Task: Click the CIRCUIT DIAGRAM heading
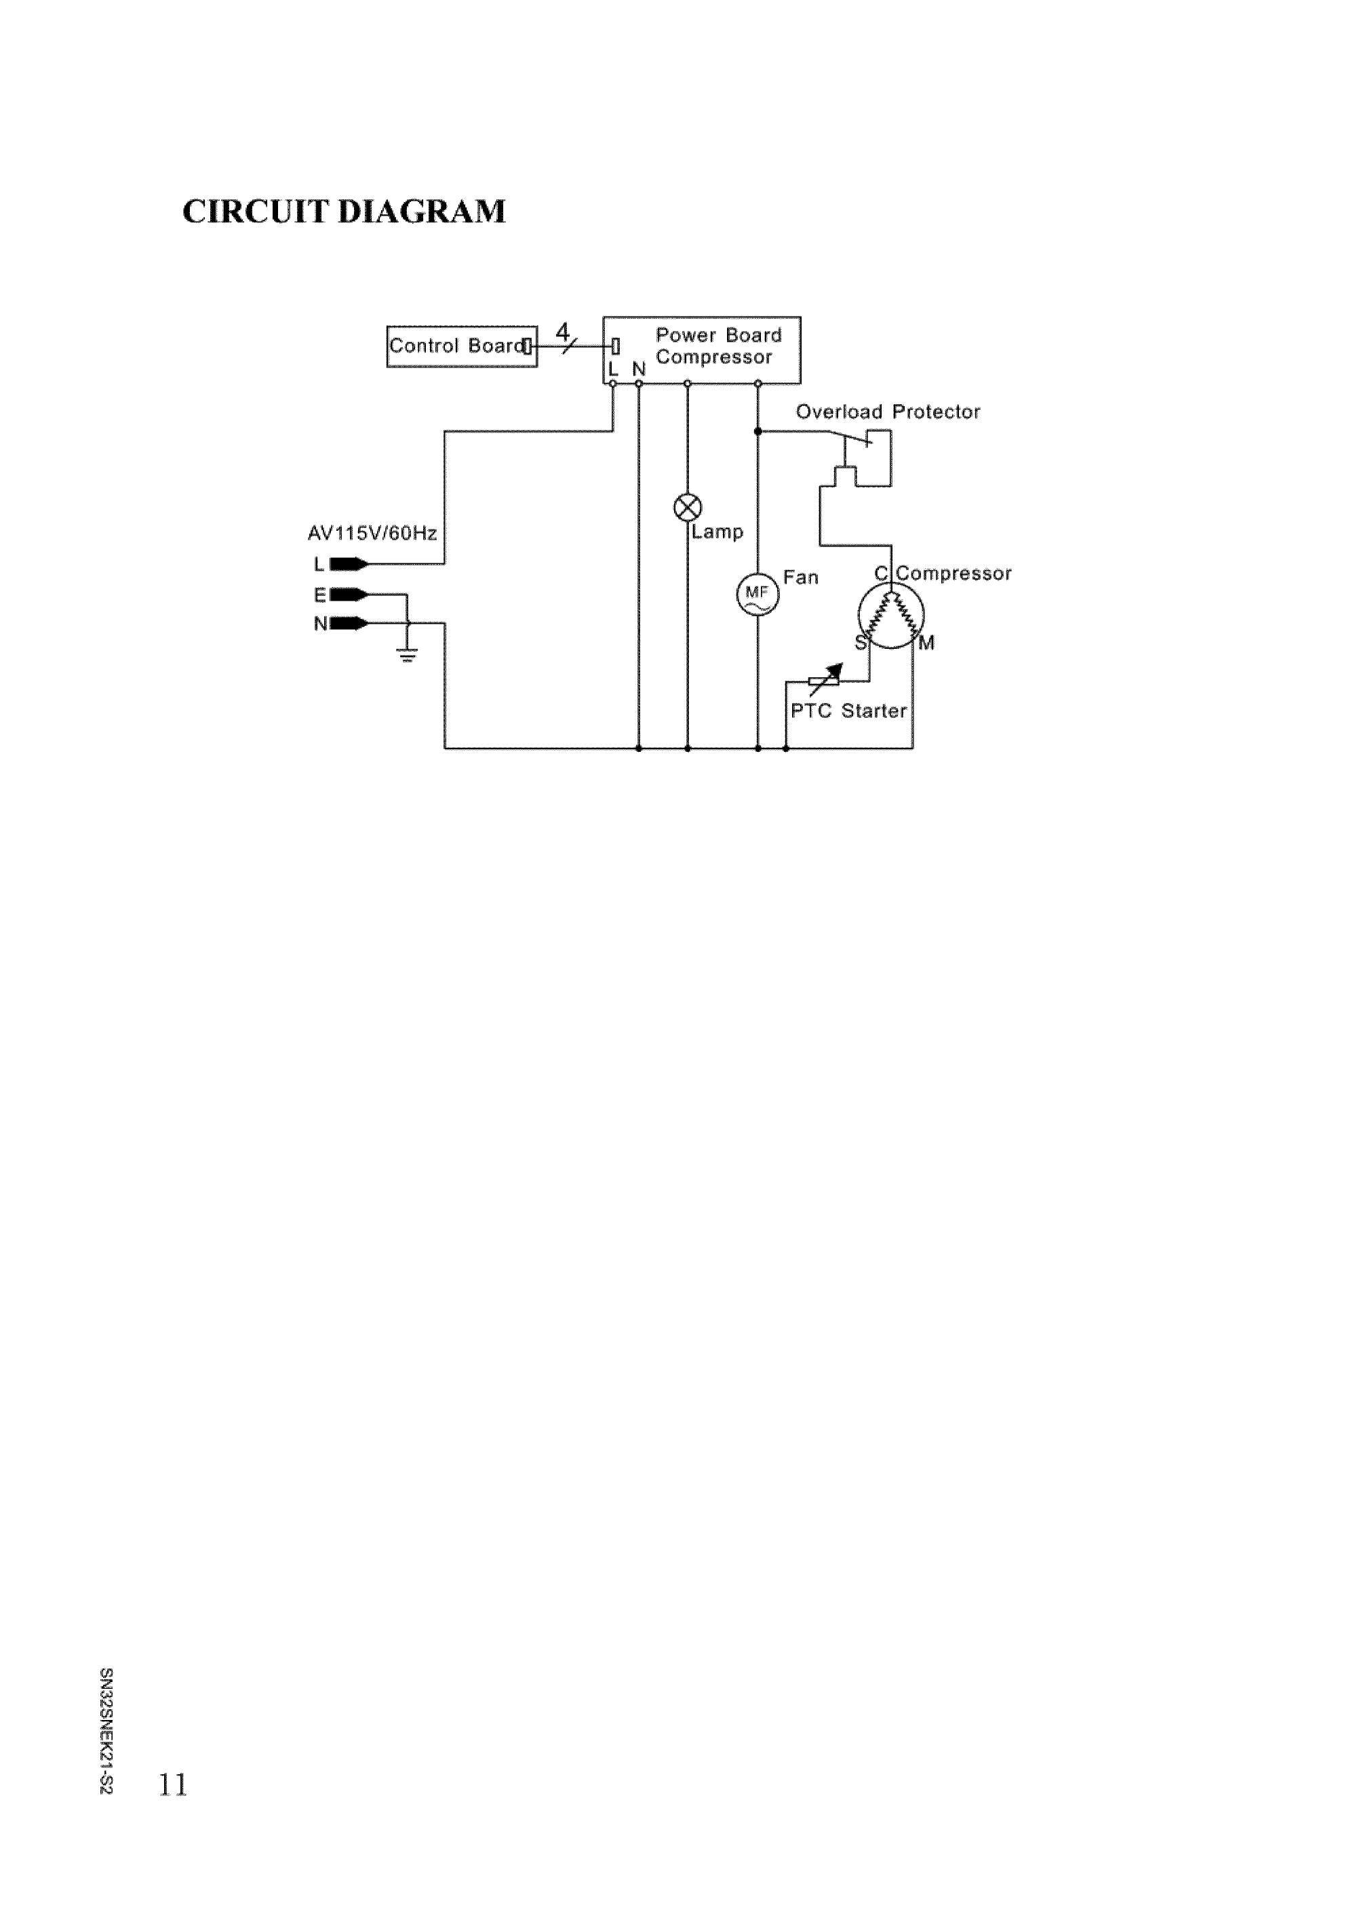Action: tap(344, 212)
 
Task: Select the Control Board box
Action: tap(461, 346)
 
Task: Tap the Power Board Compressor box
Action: tap(701, 350)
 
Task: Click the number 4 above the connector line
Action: tap(562, 330)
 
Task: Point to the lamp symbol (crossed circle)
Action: tap(688, 506)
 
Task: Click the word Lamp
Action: tap(718, 532)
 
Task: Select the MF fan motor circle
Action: tap(757, 595)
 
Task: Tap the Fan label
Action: tap(800, 577)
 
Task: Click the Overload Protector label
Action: tap(888, 412)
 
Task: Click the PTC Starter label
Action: tap(848, 711)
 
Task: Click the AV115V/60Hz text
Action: tap(372, 533)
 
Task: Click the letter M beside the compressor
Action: tap(927, 643)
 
